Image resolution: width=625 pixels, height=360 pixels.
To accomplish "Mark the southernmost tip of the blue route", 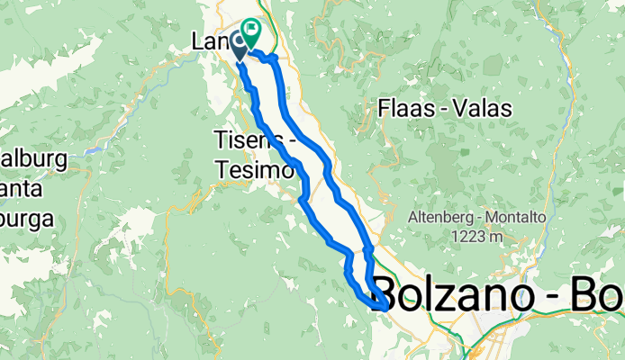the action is coord(384,310).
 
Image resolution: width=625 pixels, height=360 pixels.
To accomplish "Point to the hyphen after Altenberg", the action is coord(479,219).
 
